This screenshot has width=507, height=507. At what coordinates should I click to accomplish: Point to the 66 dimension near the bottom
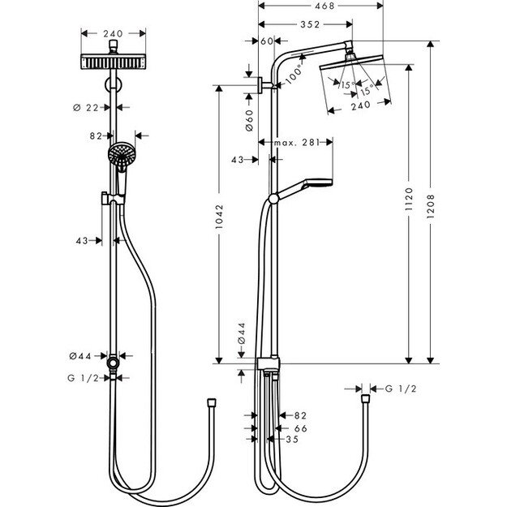click(x=300, y=427)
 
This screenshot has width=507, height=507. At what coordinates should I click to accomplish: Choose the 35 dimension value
click(x=293, y=439)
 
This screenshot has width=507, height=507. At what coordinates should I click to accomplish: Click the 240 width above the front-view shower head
click(x=114, y=34)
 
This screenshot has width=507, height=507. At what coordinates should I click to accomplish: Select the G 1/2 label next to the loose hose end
click(x=401, y=389)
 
